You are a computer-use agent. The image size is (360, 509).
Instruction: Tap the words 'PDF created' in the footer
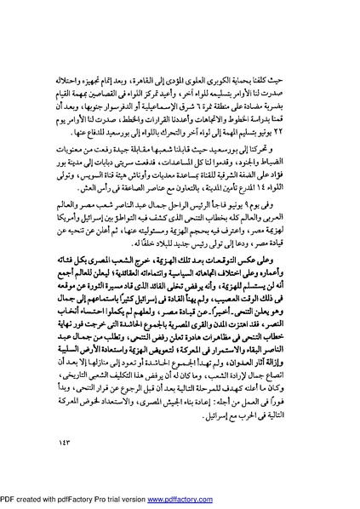(x=26, y=500)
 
